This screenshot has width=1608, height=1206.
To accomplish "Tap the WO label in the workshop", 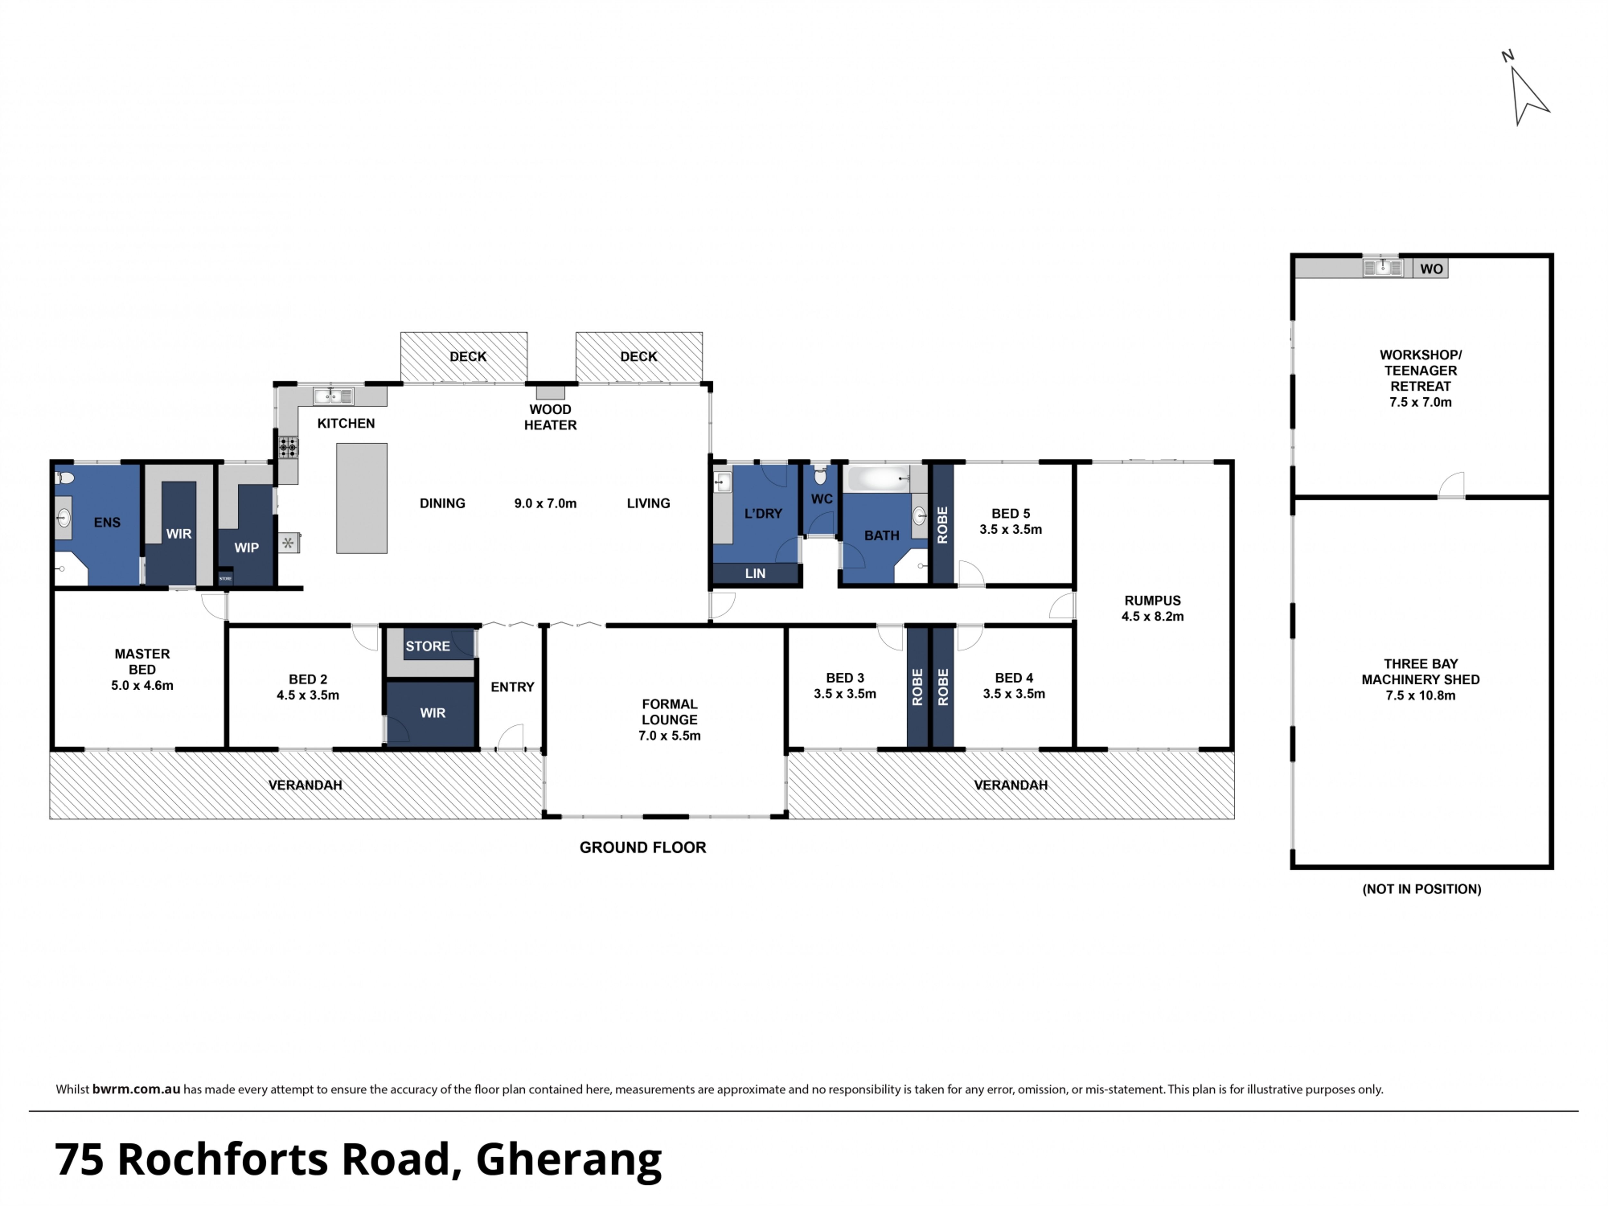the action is (x=1431, y=269).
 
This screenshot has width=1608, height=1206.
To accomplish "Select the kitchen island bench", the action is (x=361, y=498).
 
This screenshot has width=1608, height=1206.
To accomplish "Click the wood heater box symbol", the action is (x=550, y=392).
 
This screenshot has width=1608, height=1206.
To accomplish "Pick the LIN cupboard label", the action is (x=755, y=574).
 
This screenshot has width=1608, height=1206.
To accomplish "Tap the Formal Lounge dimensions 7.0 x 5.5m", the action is (x=669, y=736).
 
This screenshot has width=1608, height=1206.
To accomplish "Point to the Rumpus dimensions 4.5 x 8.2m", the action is (x=1152, y=616).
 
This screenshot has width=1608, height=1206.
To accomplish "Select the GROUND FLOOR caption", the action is (x=643, y=848).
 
